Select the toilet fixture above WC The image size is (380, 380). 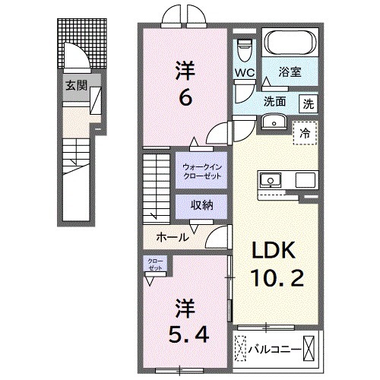243,49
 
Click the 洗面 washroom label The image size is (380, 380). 274,102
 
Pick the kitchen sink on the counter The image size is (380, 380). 269,180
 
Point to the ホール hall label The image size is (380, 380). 173,237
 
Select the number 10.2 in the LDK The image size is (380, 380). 274,279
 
